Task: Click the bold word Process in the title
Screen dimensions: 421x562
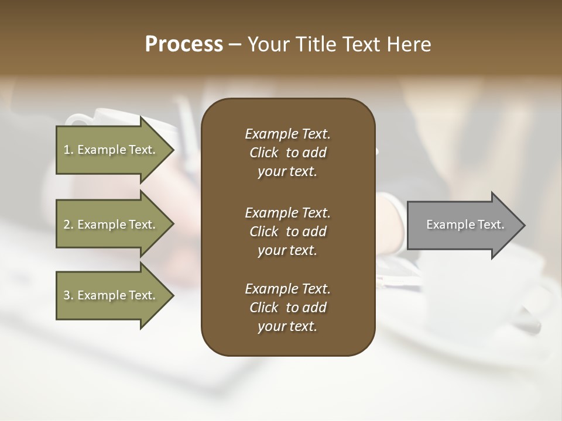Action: (184, 44)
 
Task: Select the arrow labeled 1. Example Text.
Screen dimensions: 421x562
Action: (111, 150)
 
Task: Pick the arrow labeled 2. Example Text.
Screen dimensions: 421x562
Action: (111, 225)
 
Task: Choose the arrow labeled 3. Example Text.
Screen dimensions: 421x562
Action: (111, 295)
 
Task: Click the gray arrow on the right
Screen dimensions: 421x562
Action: (462, 225)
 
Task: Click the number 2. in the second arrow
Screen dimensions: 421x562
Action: (68, 225)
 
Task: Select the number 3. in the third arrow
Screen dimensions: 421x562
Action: (68, 295)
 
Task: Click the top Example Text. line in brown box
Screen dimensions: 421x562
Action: (287, 134)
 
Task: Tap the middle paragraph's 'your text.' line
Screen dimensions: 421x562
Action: (287, 250)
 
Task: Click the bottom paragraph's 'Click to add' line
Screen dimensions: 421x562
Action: (287, 308)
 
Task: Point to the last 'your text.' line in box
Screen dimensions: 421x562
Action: (287, 327)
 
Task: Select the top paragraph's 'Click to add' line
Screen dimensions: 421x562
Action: (287, 153)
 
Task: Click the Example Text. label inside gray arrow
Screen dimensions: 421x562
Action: (465, 225)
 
